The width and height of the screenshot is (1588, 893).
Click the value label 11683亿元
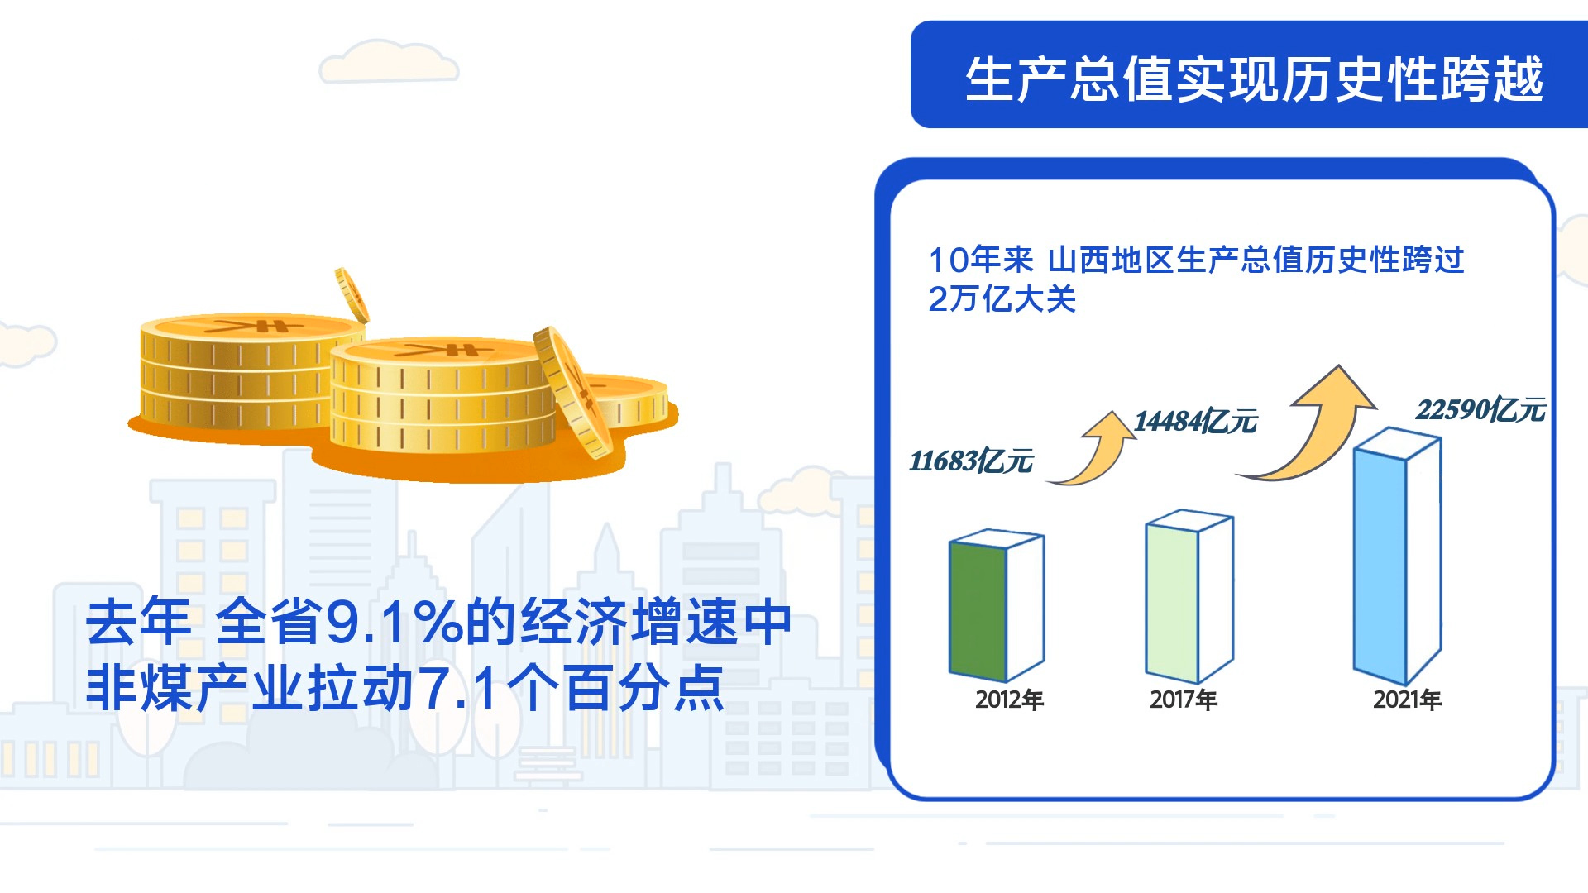(x=971, y=461)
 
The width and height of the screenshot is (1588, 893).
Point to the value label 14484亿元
(x=1195, y=422)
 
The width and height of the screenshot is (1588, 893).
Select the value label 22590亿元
(x=1480, y=409)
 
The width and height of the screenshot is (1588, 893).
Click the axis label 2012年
(x=1009, y=700)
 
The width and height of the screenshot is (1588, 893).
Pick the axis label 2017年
(x=1184, y=700)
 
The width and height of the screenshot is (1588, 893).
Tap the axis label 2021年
(x=1407, y=700)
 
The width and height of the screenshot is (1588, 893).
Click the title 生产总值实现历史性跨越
(x=1254, y=79)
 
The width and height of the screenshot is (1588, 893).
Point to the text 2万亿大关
(x=1002, y=299)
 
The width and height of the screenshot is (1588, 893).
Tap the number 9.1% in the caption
(x=393, y=623)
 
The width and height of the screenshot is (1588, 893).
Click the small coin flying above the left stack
(x=352, y=294)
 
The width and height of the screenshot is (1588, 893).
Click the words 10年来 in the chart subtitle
(x=981, y=260)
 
